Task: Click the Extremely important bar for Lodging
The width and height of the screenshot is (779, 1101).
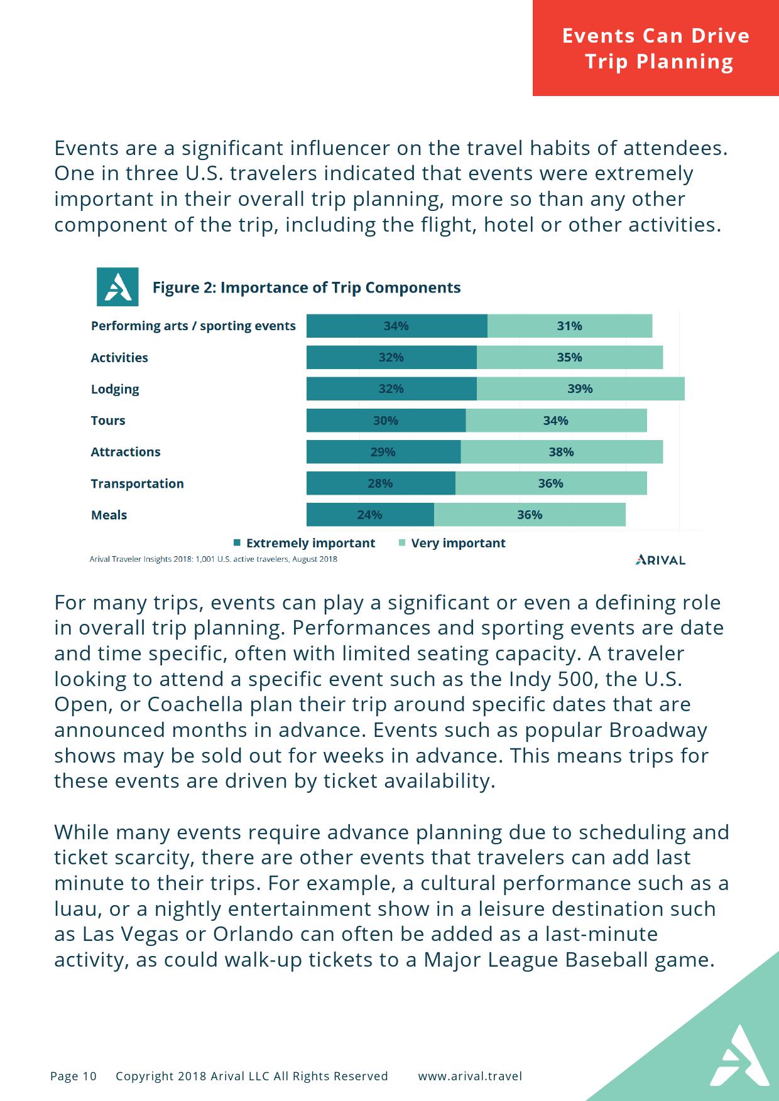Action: tap(391, 389)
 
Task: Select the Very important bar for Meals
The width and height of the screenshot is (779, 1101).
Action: tap(530, 515)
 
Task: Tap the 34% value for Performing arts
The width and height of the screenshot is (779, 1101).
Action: tap(396, 326)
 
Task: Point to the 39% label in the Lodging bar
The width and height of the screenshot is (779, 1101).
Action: tap(580, 389)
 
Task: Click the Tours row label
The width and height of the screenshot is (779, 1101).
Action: tap(108, 421)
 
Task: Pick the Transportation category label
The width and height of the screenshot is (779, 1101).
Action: tap(137, 483)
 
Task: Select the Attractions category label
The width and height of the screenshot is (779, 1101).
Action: tap(126, 452)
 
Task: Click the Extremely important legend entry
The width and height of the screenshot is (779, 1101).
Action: tap(305, 543)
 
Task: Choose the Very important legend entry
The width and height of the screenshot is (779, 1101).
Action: tap(452, 543)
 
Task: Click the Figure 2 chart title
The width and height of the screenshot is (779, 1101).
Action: tap(307, 287)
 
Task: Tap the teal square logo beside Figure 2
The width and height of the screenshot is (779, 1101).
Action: tap(117, 287)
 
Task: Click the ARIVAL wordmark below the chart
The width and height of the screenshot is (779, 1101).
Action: tap(660, 560)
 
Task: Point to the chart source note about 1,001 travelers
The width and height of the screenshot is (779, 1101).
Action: tap(214, 559)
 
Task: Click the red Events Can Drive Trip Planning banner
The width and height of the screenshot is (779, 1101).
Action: tap(656, 48)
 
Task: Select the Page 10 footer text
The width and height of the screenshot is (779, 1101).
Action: tap(74, 1076)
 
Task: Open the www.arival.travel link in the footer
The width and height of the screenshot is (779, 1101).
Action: tap(470, 1076)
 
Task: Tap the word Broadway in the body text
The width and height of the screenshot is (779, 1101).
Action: tap(658, 730)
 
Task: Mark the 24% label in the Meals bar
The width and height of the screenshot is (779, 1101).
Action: tap(369, 515)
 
